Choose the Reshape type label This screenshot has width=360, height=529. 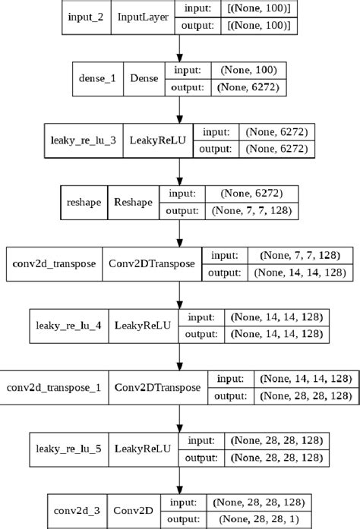click(x=133, y=203)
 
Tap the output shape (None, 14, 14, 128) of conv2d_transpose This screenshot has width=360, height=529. click(x=302, y=272)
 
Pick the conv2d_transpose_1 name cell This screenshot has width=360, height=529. click(x=53, y=387)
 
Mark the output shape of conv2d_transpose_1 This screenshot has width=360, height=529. click(x=306, y=395)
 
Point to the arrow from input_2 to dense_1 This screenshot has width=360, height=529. click(x=179, y=49)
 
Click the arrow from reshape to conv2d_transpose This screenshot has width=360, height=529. click(x=179, y=234)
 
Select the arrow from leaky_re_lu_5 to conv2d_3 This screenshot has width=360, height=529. click(x=179, y=480)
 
